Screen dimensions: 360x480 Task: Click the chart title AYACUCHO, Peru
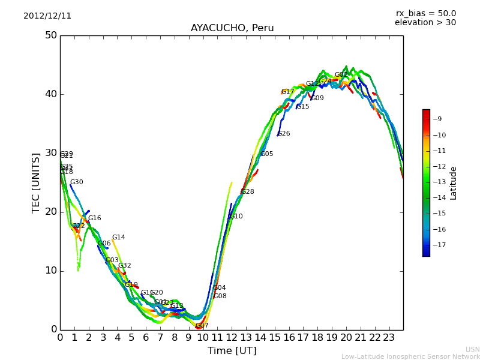tap(232, 28)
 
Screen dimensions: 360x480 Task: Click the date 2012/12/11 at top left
tap(47, 16)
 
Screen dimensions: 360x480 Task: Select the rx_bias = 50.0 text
tap(425, 14)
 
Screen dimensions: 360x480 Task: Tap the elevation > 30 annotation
tap(425, 23)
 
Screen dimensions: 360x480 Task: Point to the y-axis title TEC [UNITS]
tap(37, 182)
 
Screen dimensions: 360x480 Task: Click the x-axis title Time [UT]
tap(232, 351)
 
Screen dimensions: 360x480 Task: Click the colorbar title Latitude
tap(454, 183)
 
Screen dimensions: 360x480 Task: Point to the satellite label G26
tap(283, 134)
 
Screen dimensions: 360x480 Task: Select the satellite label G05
tap(266, 154)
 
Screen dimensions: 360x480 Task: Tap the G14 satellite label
tap(118, 238)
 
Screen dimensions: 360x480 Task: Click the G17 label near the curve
tap(287, 92)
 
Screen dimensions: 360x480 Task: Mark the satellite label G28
tap(247, 192)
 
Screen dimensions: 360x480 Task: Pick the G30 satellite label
tap(76, 182)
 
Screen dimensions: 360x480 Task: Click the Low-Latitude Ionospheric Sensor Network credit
tap(410, 356)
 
